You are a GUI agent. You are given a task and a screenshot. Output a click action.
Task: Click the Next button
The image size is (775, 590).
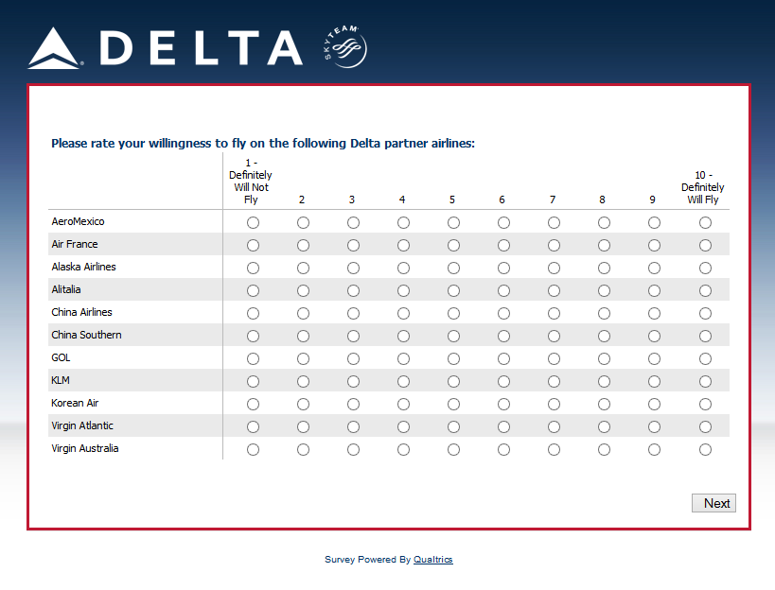[713, 503]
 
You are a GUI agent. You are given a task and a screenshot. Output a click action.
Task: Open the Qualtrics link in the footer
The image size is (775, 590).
[432, 560]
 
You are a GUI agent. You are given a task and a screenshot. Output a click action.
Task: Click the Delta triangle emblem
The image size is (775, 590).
[54, 49]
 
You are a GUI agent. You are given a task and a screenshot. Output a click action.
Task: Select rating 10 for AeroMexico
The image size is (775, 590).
[705, 223]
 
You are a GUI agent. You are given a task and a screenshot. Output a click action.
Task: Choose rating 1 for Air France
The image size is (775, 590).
[253, 246]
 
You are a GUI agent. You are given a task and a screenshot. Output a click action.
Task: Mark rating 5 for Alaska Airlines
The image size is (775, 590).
[453, 269]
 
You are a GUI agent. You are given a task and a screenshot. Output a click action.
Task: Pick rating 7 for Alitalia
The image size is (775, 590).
[554, 291]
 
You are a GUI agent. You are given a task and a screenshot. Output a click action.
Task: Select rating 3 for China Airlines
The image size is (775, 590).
[353, 314]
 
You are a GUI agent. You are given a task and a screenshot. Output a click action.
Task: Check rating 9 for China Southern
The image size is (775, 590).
[654, 337]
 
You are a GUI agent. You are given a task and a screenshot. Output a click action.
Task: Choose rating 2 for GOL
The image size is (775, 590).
[303, 359]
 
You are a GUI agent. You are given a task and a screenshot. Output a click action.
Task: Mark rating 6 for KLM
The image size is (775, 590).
[503, 382]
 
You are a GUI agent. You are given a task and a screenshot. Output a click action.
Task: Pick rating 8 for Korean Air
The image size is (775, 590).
[604, 405]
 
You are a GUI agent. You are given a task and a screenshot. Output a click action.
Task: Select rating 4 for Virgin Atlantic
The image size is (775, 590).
[403, 427]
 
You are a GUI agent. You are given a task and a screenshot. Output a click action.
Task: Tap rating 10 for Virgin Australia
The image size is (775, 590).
[705, 450]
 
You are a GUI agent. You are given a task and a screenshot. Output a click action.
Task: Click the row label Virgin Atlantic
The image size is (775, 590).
[82, 425]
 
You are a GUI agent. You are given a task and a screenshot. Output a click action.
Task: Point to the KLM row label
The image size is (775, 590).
[61, 380]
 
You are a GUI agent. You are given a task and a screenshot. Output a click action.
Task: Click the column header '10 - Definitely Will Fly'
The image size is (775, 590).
[702, 187]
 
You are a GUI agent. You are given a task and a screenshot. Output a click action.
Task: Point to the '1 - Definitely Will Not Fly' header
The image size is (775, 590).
[251, 182]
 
